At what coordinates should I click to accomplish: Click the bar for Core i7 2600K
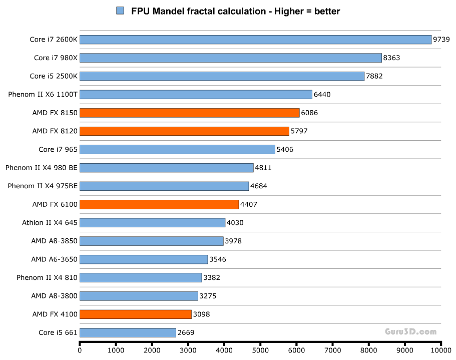click(255, 40)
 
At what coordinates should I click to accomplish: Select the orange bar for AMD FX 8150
click(189, 113)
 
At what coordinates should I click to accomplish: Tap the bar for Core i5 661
click(128, 332)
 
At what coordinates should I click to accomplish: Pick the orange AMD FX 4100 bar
click(135, 314)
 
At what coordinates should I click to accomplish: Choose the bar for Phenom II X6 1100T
click(196, 94)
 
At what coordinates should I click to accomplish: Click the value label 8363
click(391, 58)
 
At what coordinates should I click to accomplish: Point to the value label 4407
click(249, 204)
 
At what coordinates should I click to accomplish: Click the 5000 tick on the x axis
click(260, 350)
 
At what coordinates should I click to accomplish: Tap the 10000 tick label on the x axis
click(440, 350)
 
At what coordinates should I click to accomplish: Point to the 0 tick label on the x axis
click(80, 350)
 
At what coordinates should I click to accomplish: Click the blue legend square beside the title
click(120, 11)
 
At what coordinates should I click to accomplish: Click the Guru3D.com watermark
click(410, 331)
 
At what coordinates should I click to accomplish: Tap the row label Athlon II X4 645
click(50, 223)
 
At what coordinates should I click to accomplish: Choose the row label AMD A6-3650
click(54, 259)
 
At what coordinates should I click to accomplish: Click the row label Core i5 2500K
click(54, 76)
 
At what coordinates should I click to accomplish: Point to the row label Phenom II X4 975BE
click(43, 186)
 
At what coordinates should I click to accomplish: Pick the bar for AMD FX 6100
click(159, 204)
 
